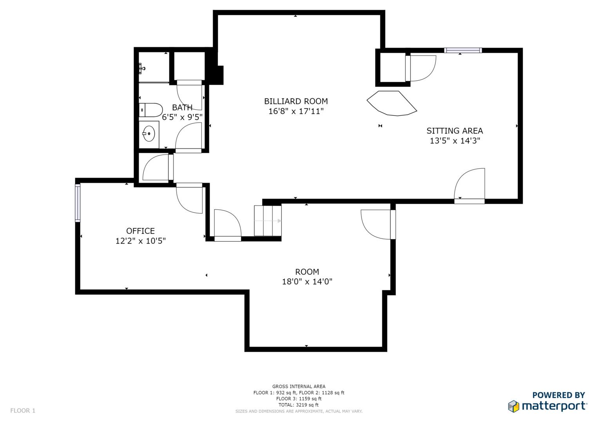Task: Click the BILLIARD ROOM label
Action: coord(296,101)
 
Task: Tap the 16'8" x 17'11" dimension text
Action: coord(296,111)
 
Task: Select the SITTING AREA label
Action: coord(455,131)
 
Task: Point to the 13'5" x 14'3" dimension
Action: coord(455,141)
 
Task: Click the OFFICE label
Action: coord(141,231)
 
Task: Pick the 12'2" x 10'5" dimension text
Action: coord(141,241)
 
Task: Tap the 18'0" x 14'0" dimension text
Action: coord(307,282)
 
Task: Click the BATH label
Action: coord(182,107)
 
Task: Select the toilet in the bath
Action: coord(150,110)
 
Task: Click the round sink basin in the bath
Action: coord(149,134)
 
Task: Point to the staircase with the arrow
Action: coord(267,221)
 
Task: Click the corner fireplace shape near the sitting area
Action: coord(392,103)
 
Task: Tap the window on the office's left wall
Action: coord(78,203)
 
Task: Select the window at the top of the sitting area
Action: coord(463,50)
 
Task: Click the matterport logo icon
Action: coord(513,406)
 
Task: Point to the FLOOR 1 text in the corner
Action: coord(23,410)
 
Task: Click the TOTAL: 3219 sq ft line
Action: coord(298,405)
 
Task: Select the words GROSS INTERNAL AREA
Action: coord(299,387)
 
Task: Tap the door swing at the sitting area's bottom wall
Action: coord(469,184)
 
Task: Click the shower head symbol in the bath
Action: coord(142,69)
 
